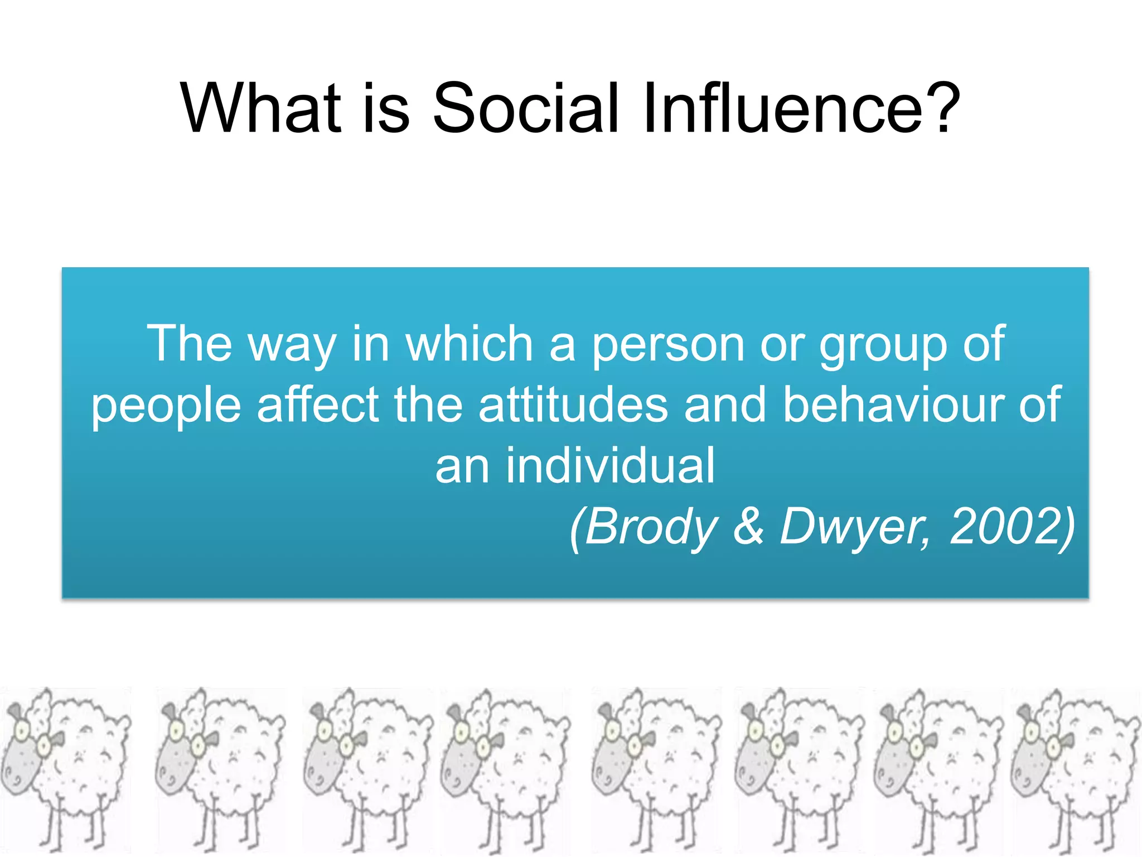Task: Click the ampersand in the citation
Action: click(748, 527)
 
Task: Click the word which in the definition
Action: click(469, 344)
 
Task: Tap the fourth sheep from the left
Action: click(505, 770)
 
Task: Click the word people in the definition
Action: click(166, 406)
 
